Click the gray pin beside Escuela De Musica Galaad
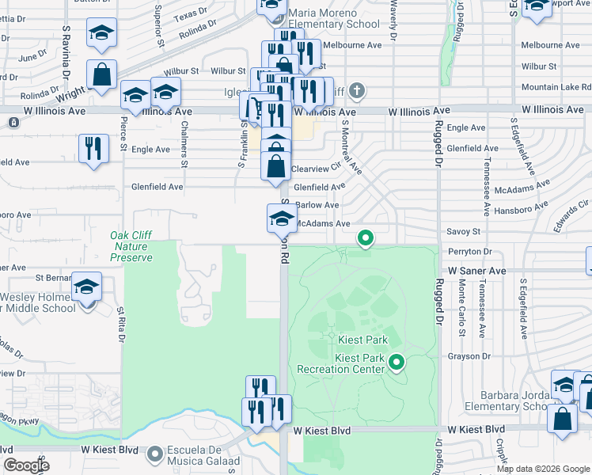point(154,454)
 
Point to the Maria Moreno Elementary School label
point(334,18)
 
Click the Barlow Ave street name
point(317,205)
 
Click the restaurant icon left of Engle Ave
point(93,149)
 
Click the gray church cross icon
point(357,90)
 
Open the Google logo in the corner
point(26,465)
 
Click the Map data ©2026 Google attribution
point(543,469)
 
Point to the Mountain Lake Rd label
point(556,87)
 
